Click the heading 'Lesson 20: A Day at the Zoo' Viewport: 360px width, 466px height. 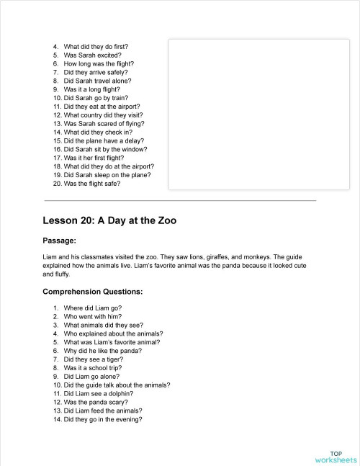109,220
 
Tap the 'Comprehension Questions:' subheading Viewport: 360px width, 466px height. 93,292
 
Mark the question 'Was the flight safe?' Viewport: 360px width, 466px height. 92,184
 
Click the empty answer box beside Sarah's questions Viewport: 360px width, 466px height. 242,112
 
